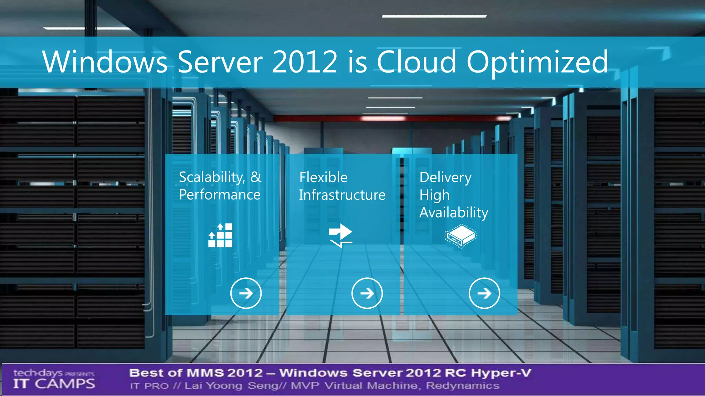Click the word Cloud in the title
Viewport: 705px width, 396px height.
(417, 62)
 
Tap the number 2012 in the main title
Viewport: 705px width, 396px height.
(304, 62)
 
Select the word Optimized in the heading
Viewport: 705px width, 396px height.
(537, 63)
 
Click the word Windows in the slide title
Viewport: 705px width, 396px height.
(105, 62)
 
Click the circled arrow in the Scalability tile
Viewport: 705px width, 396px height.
(246, 293)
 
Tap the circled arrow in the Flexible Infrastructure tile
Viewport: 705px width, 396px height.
(367, 293)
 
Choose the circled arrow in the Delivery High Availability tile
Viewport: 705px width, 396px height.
(484, 293)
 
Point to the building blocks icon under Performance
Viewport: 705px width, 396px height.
(220, 235)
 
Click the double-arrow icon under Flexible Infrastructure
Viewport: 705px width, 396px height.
(340, 235)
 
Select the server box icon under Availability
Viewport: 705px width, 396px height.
(461, 236)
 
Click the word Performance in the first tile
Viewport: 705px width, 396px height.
(220, 195)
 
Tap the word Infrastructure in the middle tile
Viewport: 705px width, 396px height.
(342, 195)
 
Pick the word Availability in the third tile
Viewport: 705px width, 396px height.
(454, 212)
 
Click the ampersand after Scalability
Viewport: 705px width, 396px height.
(256, 177)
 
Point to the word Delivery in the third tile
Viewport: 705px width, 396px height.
(445, 177)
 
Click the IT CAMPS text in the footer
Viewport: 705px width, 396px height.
(54, 384)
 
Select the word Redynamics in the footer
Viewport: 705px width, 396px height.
(462, 386)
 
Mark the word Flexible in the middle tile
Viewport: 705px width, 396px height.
(323, 177)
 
